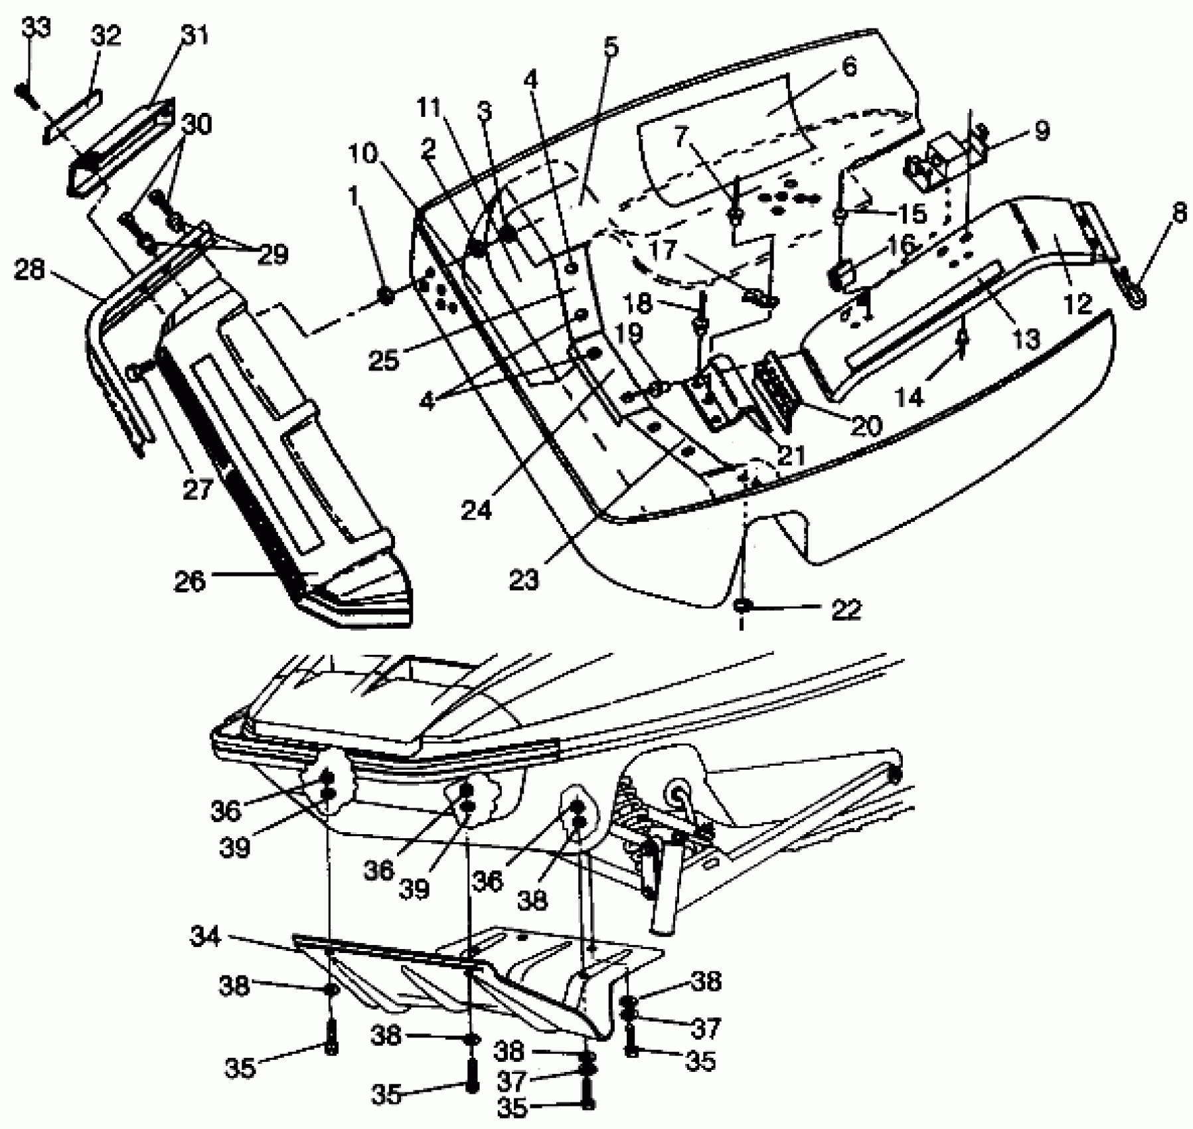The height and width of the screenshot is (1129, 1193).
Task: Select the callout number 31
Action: tap(195, 35)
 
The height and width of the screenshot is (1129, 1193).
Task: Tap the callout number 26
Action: tap(191, 581)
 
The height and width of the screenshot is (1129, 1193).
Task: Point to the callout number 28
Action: tap(30, 270)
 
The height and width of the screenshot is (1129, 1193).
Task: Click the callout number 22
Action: tap(846, 609)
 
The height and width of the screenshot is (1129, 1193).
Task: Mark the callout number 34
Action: tap(206, 936)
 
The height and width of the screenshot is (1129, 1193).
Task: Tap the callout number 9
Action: tap(1042, 130)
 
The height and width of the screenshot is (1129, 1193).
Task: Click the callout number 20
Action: tap(866, 426)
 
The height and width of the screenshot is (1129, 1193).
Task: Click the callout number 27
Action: tap(197, 489)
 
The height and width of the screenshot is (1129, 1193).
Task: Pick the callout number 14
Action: tap(910, 397)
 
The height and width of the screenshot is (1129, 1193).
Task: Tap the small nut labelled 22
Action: tap(743, 606)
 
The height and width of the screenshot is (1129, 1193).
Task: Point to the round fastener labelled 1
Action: tap(386, 296)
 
